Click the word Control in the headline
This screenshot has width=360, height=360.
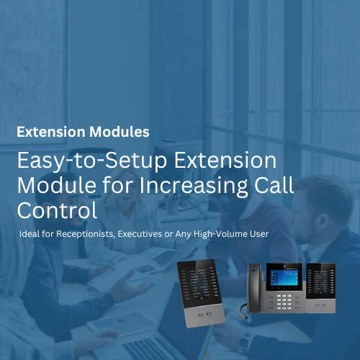57,210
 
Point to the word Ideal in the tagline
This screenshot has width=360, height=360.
32,235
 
